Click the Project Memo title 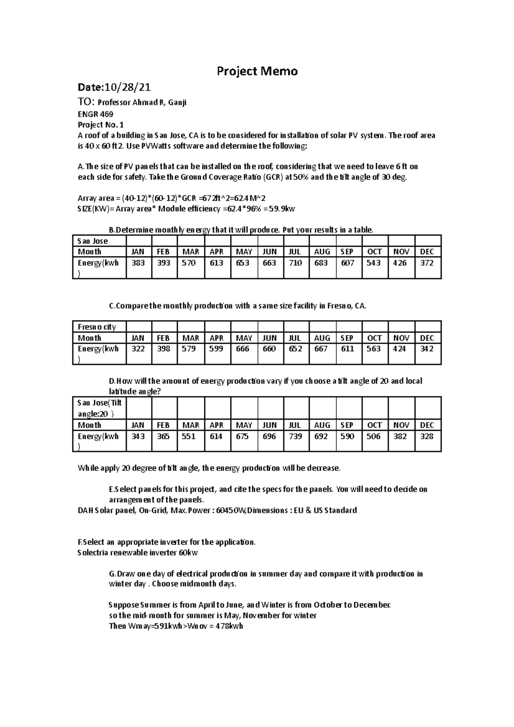tap(257, 71)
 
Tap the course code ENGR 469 tap(95, 114)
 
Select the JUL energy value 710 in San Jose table tap(296, 263)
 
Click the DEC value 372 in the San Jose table tap(427, 263)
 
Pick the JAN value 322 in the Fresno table tap(138, 349)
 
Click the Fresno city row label tap(97, 327)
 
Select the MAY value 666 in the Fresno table tap(242, 349)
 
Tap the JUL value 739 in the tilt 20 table tap(296, 436)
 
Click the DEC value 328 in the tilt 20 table tap(427, 436)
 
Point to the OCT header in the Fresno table tap(374, 338)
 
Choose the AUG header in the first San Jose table tap(322, 252)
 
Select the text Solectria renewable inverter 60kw tap(137, 552)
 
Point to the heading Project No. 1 tap(100, 125)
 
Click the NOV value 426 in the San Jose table tap(400, 263)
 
